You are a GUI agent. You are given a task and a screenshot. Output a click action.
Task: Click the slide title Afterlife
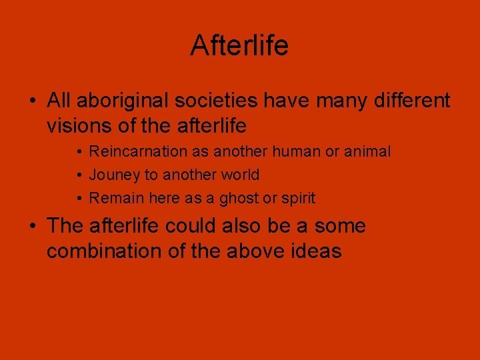[x=239, y=46]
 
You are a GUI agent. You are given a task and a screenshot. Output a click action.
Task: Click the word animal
[x=367, y=152]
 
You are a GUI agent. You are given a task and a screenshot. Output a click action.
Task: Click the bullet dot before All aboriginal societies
[x=32, y=101]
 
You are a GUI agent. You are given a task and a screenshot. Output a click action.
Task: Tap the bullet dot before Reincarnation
[x=79, y=153]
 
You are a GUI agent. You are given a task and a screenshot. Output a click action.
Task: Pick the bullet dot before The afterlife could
[x=32, y=227]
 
